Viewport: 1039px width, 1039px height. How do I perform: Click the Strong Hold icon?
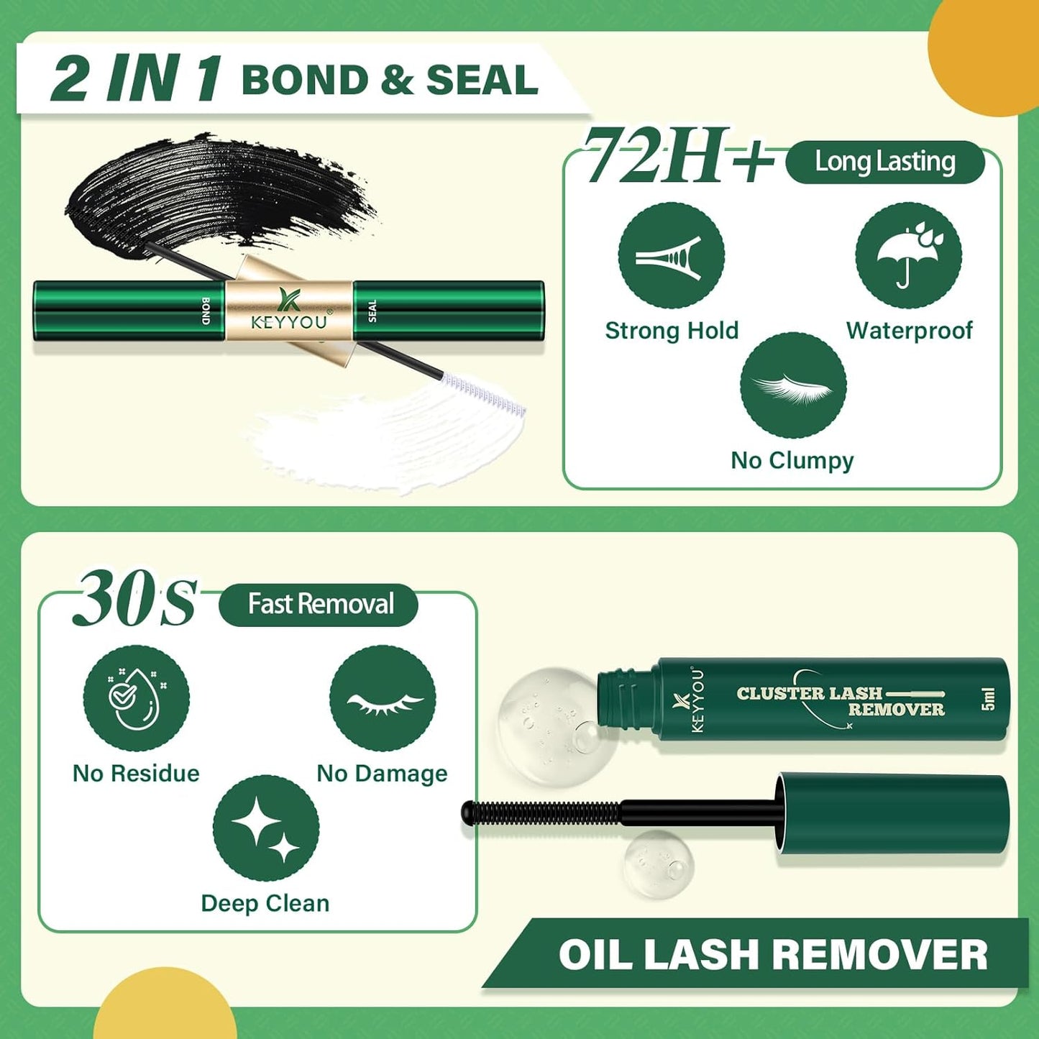coord(671,256)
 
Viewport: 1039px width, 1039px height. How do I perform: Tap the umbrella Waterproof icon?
coord(908,256)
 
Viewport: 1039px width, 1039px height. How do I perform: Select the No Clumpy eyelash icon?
coord(793,386)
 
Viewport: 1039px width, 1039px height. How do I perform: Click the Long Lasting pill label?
coord(884,162)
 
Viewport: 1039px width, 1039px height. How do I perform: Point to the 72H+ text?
coord(676,157)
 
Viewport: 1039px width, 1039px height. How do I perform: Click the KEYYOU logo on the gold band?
coord(290,311)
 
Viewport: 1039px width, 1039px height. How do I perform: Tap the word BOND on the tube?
coord(206,311)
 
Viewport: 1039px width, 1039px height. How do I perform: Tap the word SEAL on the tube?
coord(372,311)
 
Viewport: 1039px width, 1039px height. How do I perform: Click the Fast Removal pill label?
coord(319,605)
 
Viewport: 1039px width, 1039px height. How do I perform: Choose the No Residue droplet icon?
coord(136,698)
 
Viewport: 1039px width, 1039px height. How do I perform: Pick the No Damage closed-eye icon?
coord(383,698)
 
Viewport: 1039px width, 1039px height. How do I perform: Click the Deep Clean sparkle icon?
coord(266,828)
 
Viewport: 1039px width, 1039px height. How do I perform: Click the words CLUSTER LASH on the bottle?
coord(809,693)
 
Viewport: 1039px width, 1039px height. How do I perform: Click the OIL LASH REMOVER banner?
coord(773,955)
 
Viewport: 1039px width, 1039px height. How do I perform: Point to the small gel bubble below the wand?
coord(658,865)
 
